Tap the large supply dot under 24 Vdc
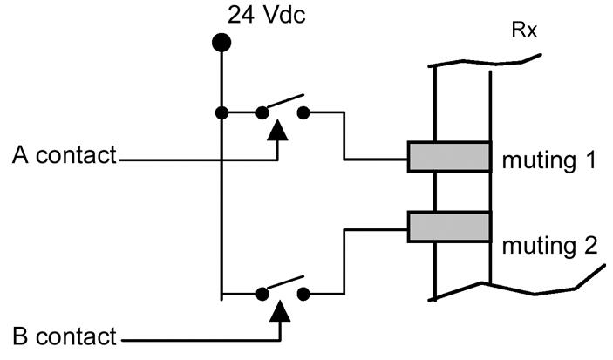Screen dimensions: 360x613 click(x=222, y=41)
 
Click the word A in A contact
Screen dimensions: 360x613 click(x=21, y=156)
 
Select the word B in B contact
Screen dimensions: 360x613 click(x=21, y=336)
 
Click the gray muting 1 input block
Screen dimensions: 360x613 click(x=449, y=157)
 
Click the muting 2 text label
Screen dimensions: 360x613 click(x=548, y=245)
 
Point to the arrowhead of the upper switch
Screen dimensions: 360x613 click(x=277, y=131)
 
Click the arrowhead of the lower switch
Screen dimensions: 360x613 click(x=278, y=311)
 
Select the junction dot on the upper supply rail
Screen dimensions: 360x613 click(x=222, y=112)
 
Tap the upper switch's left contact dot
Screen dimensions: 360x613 click(x=261, y=112)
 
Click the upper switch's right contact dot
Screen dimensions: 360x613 click(x=303, y=112)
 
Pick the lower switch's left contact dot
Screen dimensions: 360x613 click(x=261, y=294)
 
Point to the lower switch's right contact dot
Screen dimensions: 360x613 click(x=303, y=294)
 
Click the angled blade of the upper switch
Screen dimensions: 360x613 click(x=283, y=102)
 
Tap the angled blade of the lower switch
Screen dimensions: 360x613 click(x=283, y=283)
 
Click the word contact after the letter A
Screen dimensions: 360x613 click(x=77, y=156)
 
